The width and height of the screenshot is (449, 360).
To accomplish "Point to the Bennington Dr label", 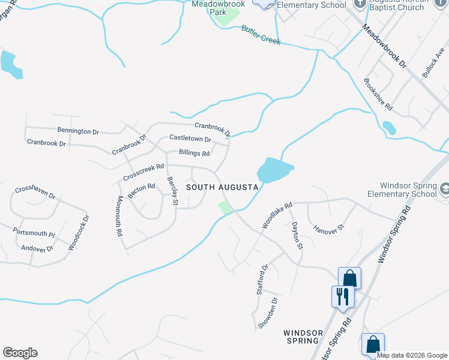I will (x=78, y=131).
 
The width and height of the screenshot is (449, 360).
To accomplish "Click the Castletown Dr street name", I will (x=190, y=138).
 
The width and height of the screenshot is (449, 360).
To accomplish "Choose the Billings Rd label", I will (x=190, y=153).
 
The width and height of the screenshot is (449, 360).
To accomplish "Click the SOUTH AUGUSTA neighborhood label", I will (x=222, y=187).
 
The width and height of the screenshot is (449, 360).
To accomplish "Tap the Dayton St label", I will (x=297, y=235).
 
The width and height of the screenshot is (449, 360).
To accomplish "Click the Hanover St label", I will (x=328, y=228).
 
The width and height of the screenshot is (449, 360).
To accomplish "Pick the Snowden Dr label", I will (x=267, y=313).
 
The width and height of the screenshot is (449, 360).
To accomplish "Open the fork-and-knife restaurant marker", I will (x=343, y=296).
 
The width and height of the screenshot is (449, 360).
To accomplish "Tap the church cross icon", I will (x=361, y=3).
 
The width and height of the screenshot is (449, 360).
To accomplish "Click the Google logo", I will (x=20, y=353).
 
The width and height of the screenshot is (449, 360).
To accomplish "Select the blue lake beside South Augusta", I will (x=274, y=170).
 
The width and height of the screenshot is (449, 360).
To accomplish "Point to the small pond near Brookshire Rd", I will (x=389, y=128).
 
